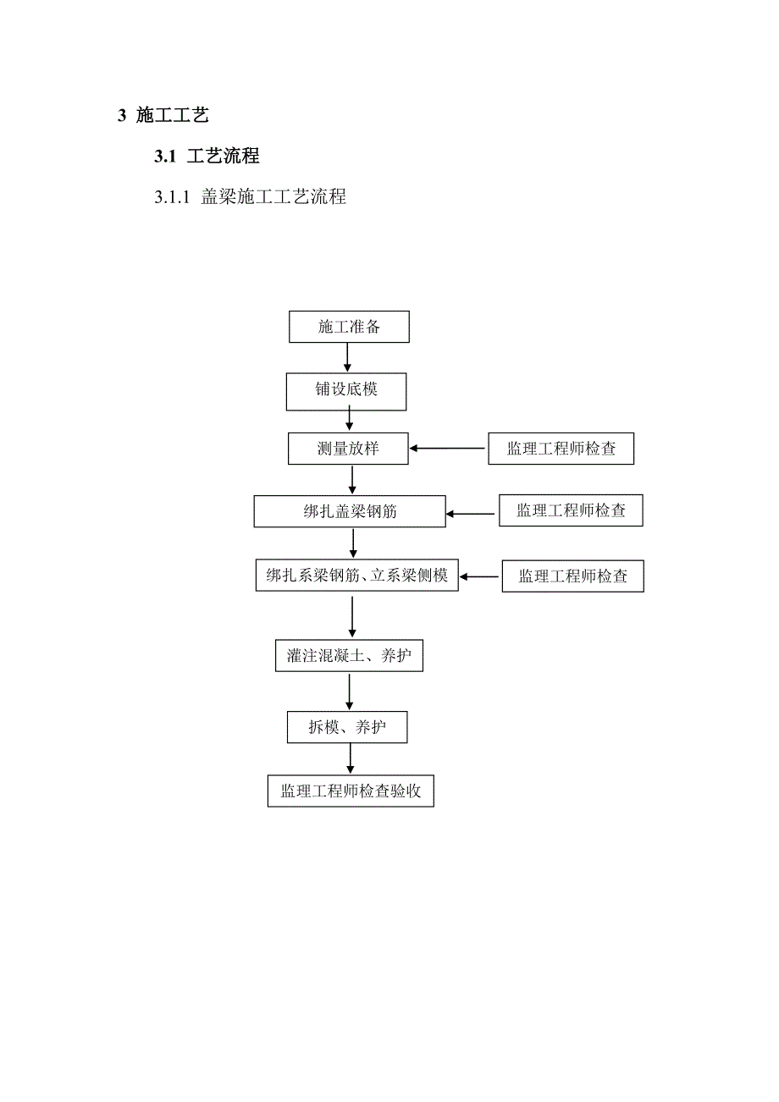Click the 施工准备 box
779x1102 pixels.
pyautogui.click(x=349, y=328)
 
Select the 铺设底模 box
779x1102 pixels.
pyautogui.click(x=347, y=389)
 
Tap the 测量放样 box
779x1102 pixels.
pyautogui.click(x=348, y=449)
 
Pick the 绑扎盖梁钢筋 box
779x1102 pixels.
pyautogui.click(x=350, y=511)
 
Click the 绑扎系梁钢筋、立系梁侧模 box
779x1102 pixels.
pyautogui.click(x=356, y=576)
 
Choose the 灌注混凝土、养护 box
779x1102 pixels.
pyautogui.click(x=349, y=655)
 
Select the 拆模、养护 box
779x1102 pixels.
pyautogui.click(x=347, y=727)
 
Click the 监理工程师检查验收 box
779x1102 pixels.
pyautogui.click(x=351, y=791)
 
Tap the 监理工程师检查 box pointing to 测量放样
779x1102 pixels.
pyautogui.click(x=561, y=449)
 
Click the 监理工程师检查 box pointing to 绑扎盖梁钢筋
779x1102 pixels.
pyautogui.click(x=570, y=511)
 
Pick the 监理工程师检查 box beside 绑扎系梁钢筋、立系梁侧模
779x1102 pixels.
pyautogui.click(x=572, y=576)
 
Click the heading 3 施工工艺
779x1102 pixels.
pyautogui.click(x=163, y=115)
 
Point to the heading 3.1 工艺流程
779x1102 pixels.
pyautogui.click(x=207, y=157)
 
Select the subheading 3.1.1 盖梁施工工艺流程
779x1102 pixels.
pyautogui.click(x=250, y=198)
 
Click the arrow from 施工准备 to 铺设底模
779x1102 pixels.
pyautogui.click(x=347, y=358)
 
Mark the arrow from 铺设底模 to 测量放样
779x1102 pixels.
pyautogui.click(x=349, y=420)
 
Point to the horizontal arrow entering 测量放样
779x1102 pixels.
pyautogui.click(x=448, y=449)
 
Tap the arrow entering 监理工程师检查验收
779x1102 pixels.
pyautogui.click(x=349, y=759)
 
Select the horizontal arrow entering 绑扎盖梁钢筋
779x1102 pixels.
pyautogui.click(x=472, y=513)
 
